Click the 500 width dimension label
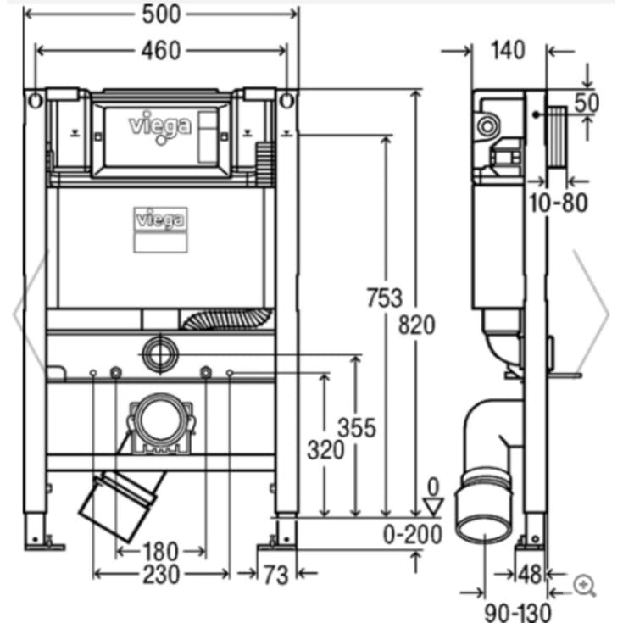pos(160,14)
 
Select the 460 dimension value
pos(159,51)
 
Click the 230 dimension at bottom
pos(160,575)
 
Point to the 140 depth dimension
pos(508,50)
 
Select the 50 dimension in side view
pos(587,103)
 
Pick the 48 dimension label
pos(530,575)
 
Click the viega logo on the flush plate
pos(159,125)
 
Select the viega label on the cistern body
pos(161,220)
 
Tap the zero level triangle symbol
pos(433,507)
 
